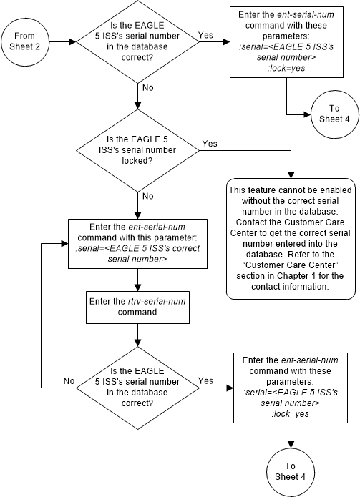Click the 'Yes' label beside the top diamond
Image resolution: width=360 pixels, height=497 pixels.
(x=207, y=34)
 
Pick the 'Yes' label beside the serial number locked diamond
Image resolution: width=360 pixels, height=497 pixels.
(x=210, y=144)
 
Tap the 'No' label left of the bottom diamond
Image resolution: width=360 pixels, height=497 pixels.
(x=69, y=381)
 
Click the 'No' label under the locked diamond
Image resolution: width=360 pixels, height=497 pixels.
(x=148, y=195)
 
